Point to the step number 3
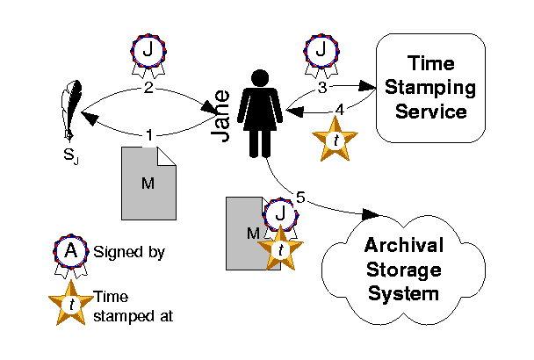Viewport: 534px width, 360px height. coord(322,88)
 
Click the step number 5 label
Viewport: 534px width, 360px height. coord(300,198)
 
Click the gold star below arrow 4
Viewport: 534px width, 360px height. coord(335,140)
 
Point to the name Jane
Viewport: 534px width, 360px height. coord(225,119)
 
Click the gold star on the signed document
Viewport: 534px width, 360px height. coord(280,248)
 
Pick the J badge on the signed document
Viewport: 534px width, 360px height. coord(280,215)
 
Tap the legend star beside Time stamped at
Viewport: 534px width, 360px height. coord(69,304)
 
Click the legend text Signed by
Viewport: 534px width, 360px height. coord(129,253)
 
